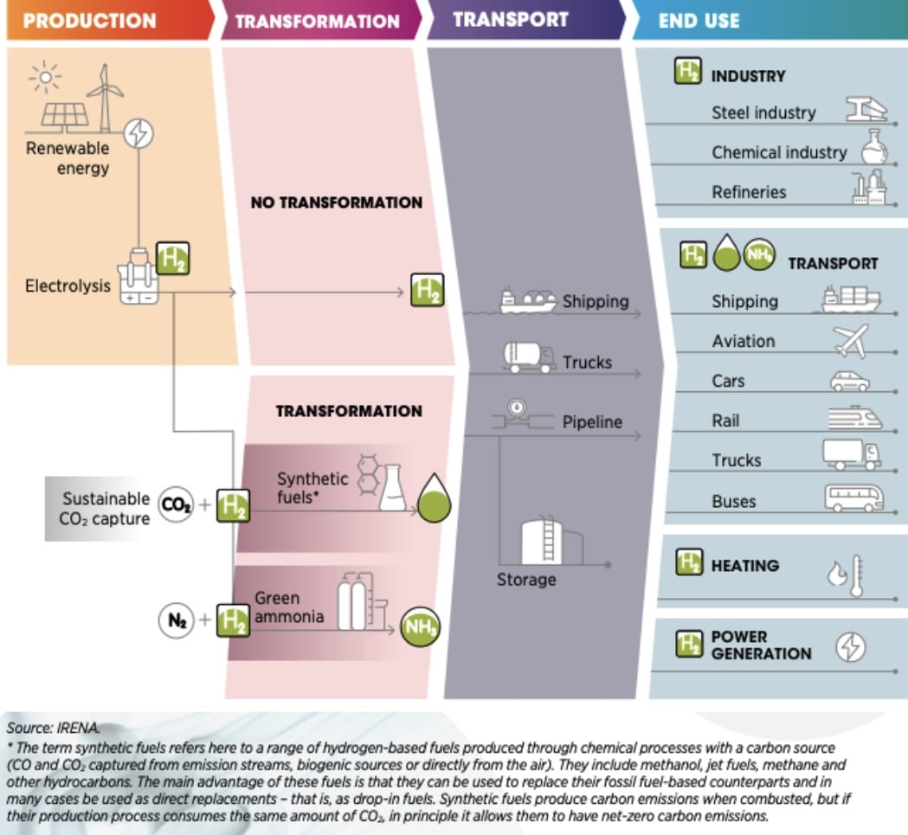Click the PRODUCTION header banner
(x=91, y=20)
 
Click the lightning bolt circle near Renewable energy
(x=138, y=133)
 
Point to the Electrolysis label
(x=68, y=285)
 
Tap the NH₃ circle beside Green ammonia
(x=419, y=626)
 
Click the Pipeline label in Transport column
(x=592, y=422)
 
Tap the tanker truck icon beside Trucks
(x=529, y=356)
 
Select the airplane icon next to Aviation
(x=851, y=340)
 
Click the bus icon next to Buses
(x=853, y=498)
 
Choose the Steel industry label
(x=763, y=112)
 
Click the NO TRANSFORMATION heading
(x=336, y=202)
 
